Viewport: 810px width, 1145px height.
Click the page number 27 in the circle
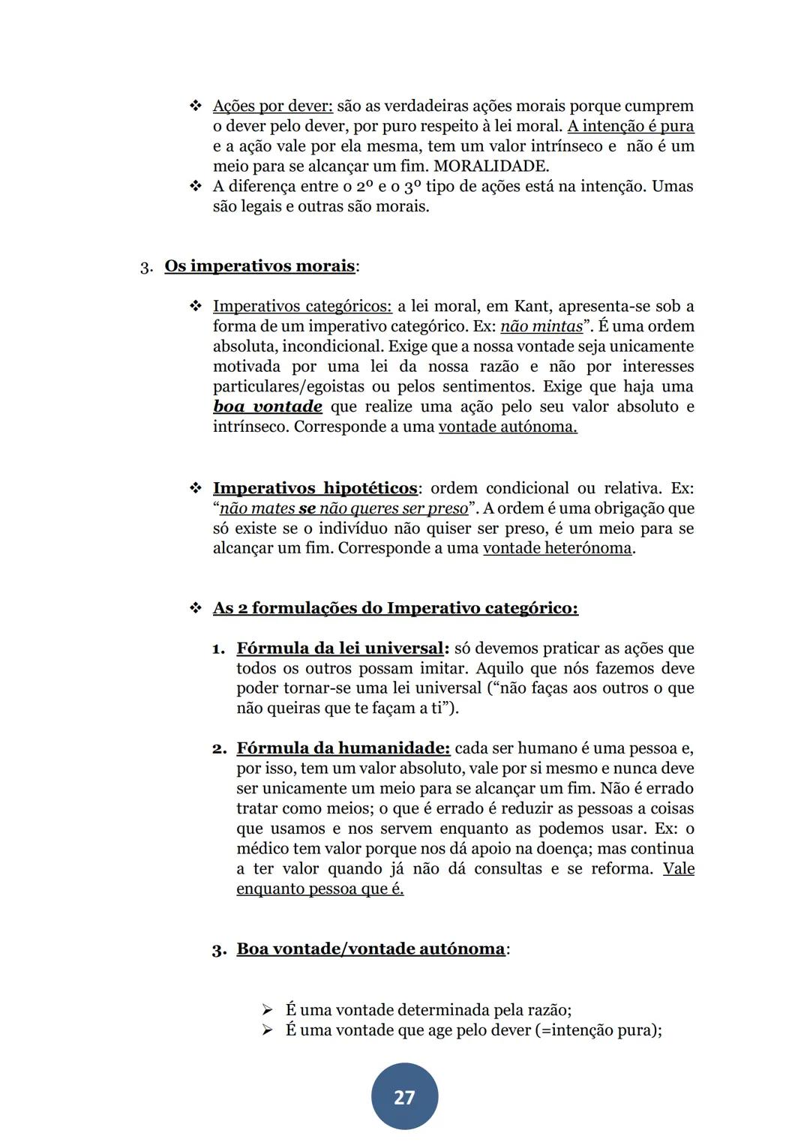pyautogui.click(x=404, y=1097)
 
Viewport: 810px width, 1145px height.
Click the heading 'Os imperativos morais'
pyautogui.click(x=259, y=266)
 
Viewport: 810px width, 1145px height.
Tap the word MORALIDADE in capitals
pyautogui.click(x=490, y=166)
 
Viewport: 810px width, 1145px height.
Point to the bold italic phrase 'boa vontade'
pyautogui.click(x=268, y=407)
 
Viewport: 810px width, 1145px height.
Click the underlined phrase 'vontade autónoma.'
pyautogui.click(x=508, y=427)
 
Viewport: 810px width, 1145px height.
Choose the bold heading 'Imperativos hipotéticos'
pyautogui.click(x=315, y=488)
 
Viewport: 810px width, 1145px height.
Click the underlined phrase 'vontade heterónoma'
pyautogui.click(x=557, y=548)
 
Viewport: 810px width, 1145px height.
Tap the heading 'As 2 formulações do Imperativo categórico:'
pyautogui.click(x=395, y=608)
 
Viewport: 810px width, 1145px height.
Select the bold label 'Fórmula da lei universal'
pyautogui.click(x=340, y=648)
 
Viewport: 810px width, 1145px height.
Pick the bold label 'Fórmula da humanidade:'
pyautogui.click(x=343, y=748)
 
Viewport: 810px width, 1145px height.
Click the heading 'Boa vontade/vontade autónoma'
pyautogui.click(x=370, y=949)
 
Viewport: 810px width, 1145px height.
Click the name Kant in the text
pyautogui.click(x=532, y=307)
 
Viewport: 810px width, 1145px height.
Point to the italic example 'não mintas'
pyautogui.click(x=541, y=327)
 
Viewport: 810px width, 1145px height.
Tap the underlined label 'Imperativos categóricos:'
pyautogui.click(x=301, y=307)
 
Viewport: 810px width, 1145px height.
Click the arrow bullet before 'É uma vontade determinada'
pyautogui.click(x=267, y=1010)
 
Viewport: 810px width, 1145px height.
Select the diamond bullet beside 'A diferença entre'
pyautogui.click(x=196, y=186)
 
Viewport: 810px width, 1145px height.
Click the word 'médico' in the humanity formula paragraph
pyautogui.click(x=257, y=849)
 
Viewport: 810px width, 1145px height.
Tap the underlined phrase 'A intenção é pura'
pyautogui.click(x=630, y=127)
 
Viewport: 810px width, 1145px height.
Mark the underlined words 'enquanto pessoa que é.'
pyautogui.click(x=319, y=889)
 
